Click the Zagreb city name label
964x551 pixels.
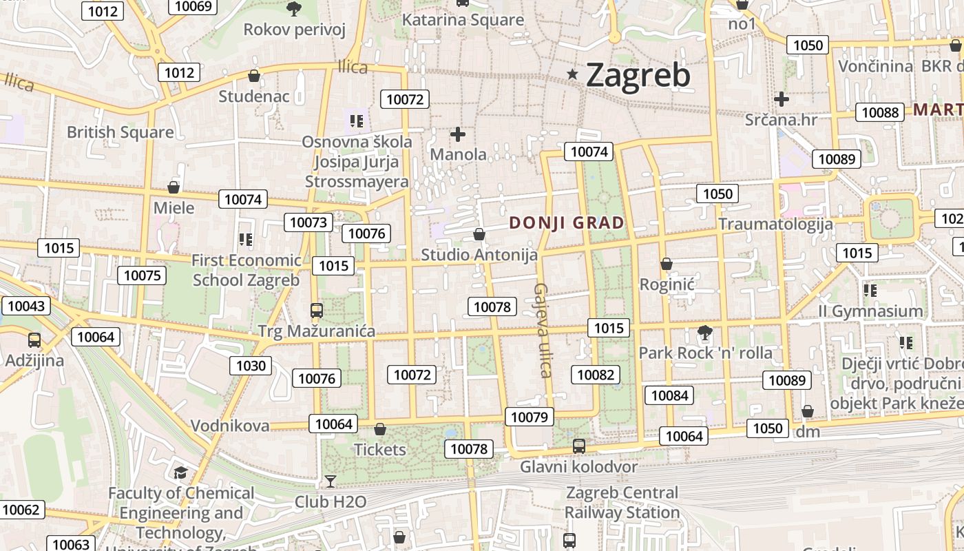[x=638, y=75]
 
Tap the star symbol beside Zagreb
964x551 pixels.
[x=572, y=74]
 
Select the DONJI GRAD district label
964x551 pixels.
[x=567, y=223]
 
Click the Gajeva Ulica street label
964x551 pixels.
[x=542, y=331]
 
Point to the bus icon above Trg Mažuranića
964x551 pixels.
[x=317, y=311]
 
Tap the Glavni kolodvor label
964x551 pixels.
[x=578, y=467]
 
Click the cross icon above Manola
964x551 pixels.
[x=458, y=134]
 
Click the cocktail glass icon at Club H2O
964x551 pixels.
[x=331, y=481]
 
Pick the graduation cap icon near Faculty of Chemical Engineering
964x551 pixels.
[x=180, y=472]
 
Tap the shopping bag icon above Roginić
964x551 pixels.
[x=666, y=264]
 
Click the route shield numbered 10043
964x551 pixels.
[x=26, y=306]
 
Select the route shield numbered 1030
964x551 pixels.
[x=251, y=366]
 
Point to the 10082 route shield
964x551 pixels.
[x=596, y=375]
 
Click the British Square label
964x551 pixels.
[x=120, y=132]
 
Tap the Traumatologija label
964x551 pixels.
[x=775, y=224]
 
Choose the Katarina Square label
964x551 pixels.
[x=463, y=20]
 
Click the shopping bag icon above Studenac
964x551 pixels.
[x=254, y=76]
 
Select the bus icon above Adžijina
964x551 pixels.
[x=34, y=340]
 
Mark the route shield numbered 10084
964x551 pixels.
[x=669, y=395]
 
